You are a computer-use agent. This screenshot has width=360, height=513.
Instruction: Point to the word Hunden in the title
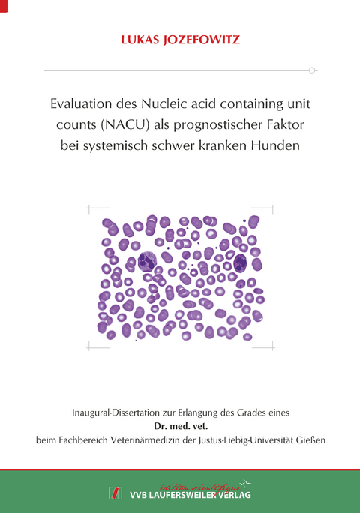(277, 145)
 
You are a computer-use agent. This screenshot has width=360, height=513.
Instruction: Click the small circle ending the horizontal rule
(313, 70)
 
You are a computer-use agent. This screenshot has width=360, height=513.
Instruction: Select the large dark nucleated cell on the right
(241, 262)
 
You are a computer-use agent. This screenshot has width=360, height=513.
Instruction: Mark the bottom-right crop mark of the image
(270, 346)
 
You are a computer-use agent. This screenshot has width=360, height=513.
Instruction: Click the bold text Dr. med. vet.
(180, 425)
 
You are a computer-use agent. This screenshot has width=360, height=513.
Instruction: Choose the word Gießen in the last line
(307, 439)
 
